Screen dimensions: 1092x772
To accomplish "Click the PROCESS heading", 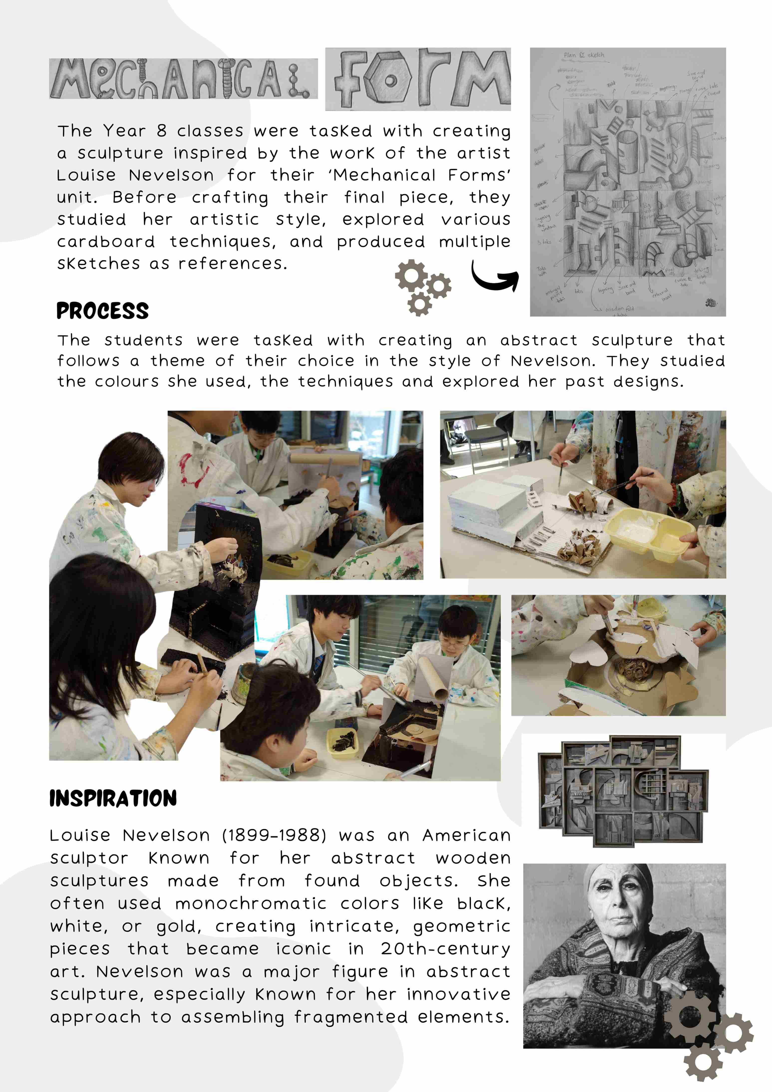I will pos(102,311).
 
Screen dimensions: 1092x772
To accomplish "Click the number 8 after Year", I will pos(162,131).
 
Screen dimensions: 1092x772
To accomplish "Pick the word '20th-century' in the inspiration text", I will pos(445,948).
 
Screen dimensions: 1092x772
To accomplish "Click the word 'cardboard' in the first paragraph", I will pos(106,242).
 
